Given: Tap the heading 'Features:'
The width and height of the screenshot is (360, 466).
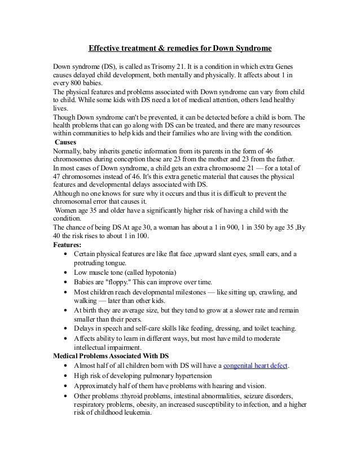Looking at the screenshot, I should coord(67,244).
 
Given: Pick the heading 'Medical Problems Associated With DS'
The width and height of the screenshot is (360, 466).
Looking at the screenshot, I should coord(111,356).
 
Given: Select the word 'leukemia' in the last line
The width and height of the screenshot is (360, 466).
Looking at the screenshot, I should coord(135,412).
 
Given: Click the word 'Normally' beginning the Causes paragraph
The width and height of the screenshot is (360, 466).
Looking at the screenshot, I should coord(67,152).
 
